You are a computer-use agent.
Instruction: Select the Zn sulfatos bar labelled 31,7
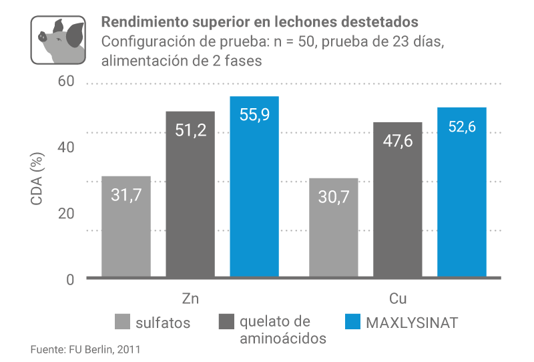tap(125, 226)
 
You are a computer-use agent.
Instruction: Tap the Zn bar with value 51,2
tap(190, 194)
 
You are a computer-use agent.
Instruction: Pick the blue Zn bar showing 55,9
tap(254, 186)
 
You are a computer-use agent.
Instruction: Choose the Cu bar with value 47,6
tap(397, 200)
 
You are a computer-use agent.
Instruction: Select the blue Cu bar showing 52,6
tap(462, 192)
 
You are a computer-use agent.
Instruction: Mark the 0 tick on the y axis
tap(70, 279)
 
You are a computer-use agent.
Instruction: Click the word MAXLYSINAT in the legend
tap(413, 323)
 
